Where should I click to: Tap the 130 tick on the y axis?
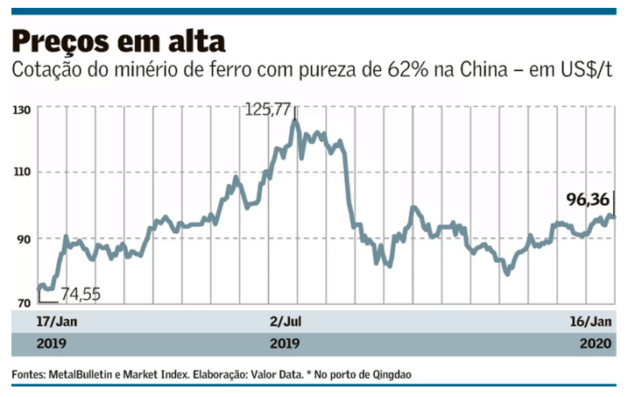[22, 110]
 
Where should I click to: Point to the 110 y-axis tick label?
[22, 173]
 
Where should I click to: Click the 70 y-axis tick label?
[21, 303]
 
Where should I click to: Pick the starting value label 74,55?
[80, 294]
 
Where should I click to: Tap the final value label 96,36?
[588, 201]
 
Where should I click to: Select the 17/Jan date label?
[35, 321]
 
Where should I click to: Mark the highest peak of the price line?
[294, 121]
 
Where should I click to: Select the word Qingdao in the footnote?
[391, 375]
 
